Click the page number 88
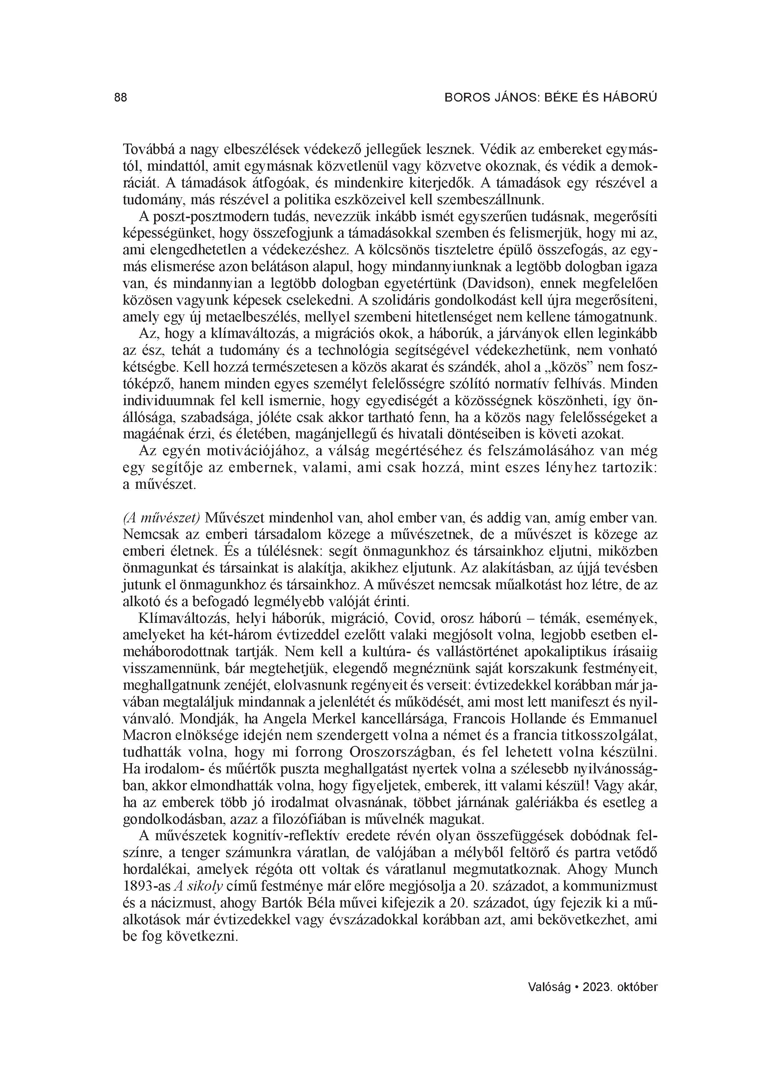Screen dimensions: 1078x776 pyautogui.click(x=121, y=98)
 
